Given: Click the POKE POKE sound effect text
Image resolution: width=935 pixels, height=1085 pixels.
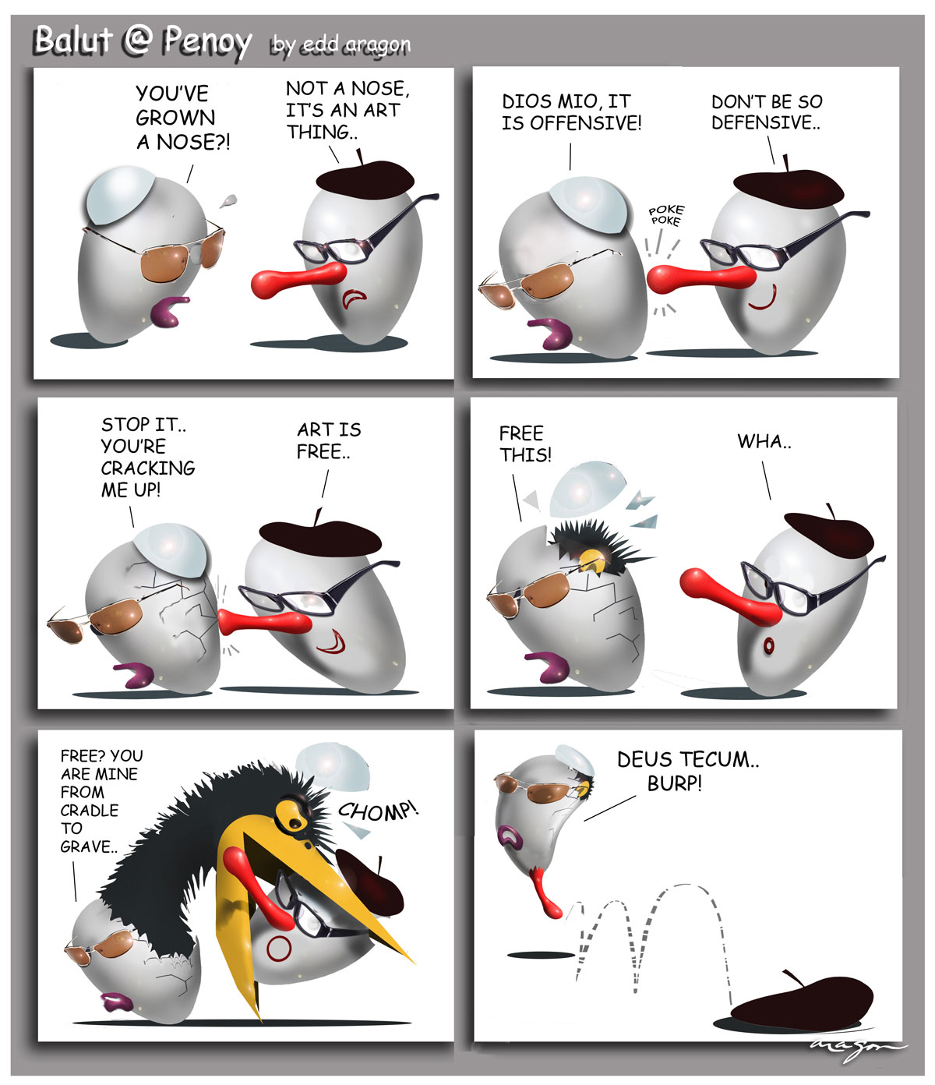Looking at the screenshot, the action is pyautogui.click(x=666, y=215).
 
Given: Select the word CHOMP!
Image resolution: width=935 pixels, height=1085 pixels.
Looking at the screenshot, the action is pyautogui.click(x=378, y=811).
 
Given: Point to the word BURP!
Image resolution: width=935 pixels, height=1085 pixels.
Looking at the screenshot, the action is pyautogui.click(x=674, y=783).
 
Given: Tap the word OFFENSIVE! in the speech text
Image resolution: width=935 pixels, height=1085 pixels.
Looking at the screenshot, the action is pyautogui.click(x=586, y=123).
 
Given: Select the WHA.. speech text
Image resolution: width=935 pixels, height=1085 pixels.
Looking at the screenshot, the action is pyautogui.click(x=764, y=441).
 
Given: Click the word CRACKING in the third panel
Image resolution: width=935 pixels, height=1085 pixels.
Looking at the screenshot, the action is pyautogui.click(x=148, y=468).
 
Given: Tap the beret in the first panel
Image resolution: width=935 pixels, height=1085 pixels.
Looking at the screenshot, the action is pyautogui.click(x=365, y=178).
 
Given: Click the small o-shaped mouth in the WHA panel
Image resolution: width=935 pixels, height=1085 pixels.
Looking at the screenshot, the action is pyautogui.click(x=769, y=645).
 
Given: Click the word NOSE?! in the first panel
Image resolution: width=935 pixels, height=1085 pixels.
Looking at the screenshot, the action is pyautogui.click(x=192, y=143).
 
